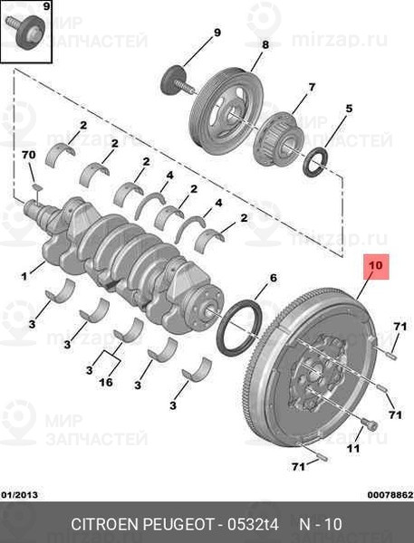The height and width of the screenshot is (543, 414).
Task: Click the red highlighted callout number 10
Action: (376, 266)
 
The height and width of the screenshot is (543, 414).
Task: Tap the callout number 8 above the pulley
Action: (265, 44)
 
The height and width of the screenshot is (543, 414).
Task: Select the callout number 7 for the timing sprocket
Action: (312, 87)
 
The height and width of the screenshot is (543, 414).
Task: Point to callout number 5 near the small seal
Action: (349, 109)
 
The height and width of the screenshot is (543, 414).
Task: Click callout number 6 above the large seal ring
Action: (274, 278)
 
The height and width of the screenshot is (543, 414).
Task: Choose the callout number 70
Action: (29, 155)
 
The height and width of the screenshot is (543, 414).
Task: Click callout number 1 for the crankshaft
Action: (24, 276)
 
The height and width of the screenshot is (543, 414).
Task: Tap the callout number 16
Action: (106, 382)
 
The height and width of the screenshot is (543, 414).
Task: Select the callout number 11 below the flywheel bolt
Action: (353, 449)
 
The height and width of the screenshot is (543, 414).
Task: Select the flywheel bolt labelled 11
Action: (370, 424)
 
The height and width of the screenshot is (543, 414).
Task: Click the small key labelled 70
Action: (37, 187)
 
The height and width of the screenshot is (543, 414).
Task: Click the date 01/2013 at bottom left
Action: (19, 495)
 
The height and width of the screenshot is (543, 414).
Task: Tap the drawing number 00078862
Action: (390, 495)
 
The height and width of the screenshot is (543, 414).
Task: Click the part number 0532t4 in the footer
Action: (253, 524)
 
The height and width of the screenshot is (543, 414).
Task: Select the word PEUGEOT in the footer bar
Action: (178, 524)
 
